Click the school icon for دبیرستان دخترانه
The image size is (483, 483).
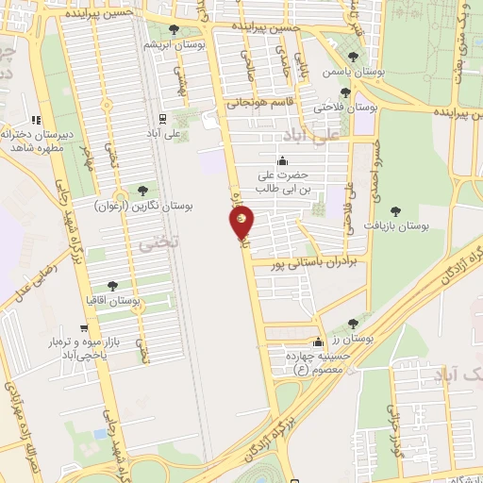click(x=36, y=120)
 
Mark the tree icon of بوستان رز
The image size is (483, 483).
click(x=353, y=324)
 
